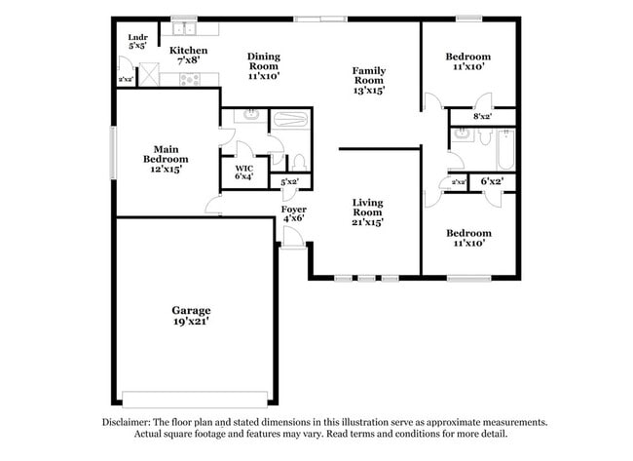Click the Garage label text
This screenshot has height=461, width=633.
192,310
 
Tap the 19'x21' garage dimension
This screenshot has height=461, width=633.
192,322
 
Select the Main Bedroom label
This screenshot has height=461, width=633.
166,154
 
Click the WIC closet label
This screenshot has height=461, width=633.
243,168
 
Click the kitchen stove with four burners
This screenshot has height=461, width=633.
189,80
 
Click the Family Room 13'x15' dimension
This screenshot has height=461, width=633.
369,90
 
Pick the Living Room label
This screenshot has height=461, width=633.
367,207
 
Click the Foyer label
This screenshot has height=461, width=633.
294,209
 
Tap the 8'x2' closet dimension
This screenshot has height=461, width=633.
481,116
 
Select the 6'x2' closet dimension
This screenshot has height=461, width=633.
491,181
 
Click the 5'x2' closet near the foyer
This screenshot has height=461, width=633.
289,182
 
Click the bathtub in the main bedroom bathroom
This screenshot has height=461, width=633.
288,123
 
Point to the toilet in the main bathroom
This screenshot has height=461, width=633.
299,162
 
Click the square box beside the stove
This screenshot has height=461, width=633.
150,73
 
